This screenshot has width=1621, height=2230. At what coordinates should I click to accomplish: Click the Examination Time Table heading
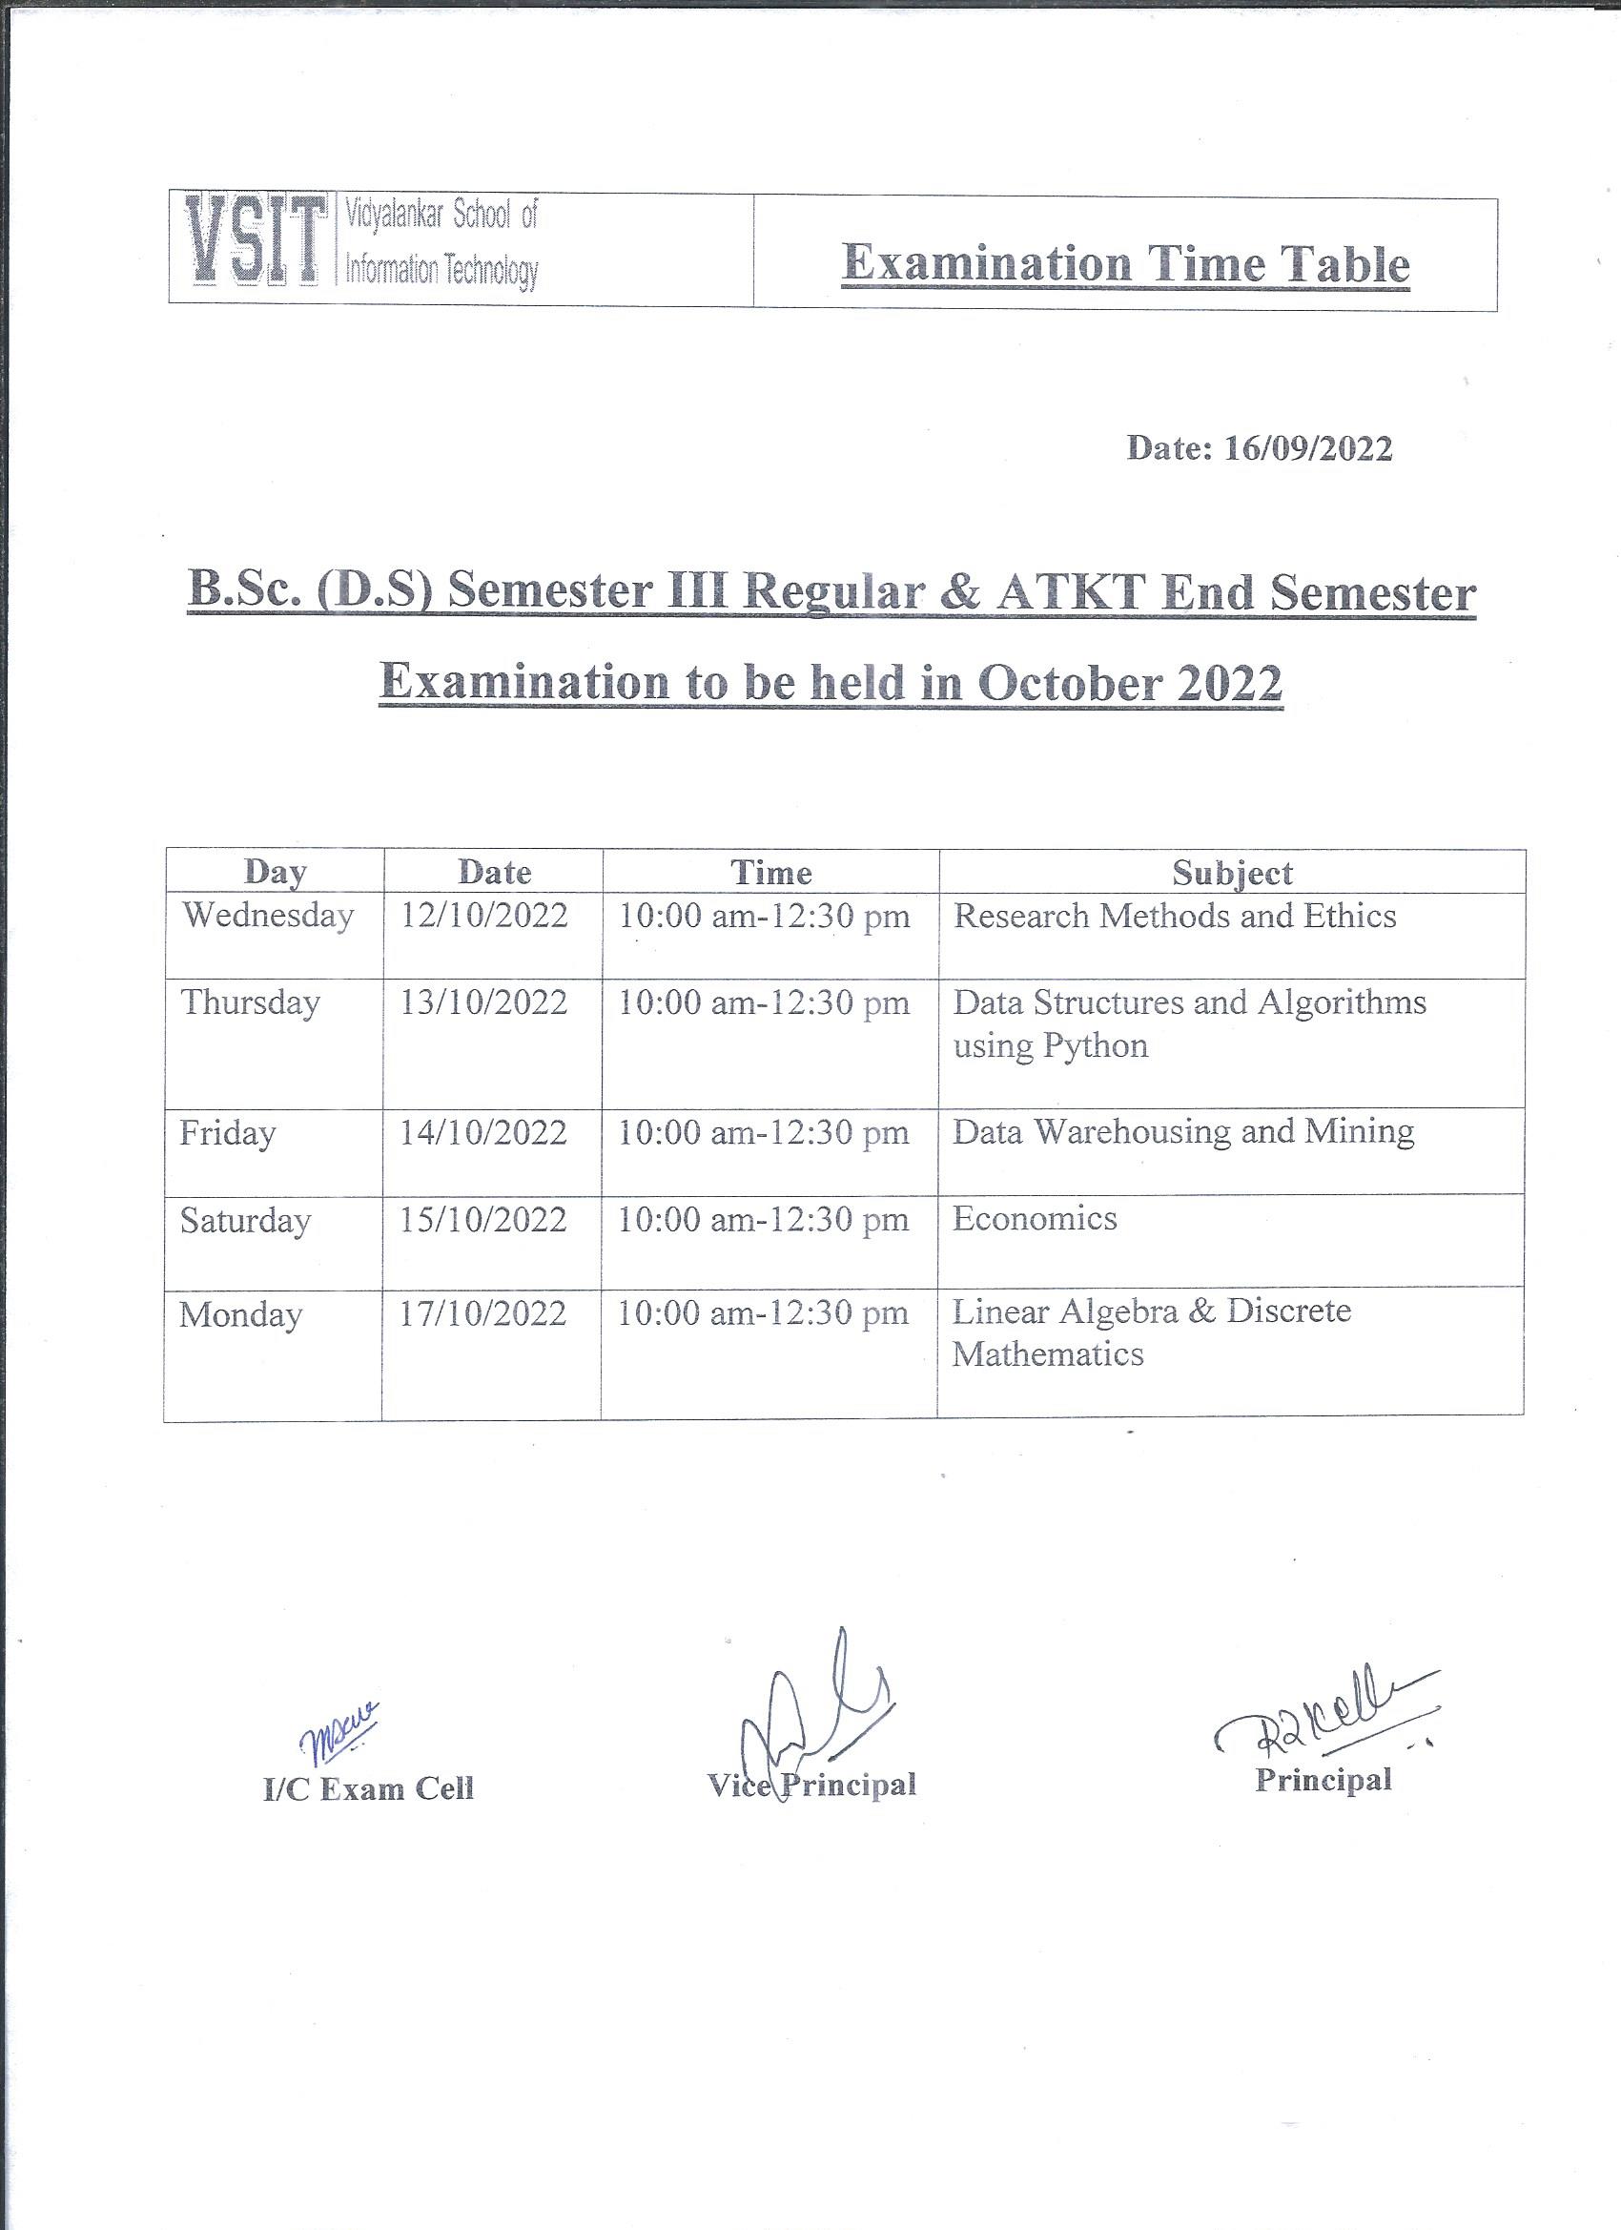1125,264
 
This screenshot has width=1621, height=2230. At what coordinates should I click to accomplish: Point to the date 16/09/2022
1307,449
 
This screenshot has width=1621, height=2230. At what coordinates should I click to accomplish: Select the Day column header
276,872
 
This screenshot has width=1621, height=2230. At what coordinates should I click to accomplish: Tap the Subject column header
1232,872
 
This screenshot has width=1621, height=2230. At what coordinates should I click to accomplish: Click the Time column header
770,872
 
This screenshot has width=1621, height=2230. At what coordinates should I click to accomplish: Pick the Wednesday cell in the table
267,917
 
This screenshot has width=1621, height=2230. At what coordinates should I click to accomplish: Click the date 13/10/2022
483,1002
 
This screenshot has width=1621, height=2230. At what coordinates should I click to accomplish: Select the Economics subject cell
1036,1219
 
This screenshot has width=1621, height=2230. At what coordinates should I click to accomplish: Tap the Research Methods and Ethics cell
1175,917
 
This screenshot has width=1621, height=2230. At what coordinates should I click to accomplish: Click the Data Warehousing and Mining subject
1183,1132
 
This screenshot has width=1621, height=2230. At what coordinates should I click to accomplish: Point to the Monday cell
241,1314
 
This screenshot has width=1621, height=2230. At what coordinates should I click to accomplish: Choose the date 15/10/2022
482,1220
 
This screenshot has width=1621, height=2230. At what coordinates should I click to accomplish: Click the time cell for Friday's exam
764,1133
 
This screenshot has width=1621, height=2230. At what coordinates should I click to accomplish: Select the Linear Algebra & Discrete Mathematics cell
1151,1332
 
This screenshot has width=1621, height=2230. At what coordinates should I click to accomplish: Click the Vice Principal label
812,1785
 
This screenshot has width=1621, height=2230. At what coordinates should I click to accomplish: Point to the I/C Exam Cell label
369,1787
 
